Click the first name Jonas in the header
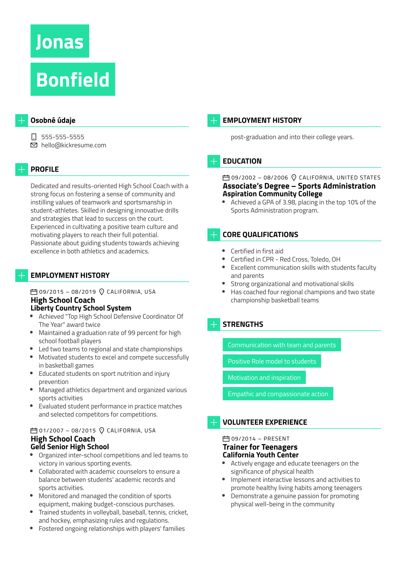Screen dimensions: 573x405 60,41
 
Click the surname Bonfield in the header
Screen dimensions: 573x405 73,79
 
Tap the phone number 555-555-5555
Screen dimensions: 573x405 63,137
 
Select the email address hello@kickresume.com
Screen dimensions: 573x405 73,145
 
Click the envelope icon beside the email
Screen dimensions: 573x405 34,145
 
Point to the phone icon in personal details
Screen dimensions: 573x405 34,137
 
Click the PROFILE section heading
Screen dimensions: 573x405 45,169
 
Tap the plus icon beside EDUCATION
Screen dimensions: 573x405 214,161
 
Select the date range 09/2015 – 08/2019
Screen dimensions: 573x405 67,292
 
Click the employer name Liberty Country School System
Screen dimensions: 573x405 81,308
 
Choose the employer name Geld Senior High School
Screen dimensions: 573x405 70,447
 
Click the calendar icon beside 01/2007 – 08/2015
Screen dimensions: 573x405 34,431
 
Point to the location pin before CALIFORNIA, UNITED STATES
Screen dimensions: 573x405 294,177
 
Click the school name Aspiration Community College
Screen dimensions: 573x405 272,194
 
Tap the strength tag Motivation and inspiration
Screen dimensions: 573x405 264,378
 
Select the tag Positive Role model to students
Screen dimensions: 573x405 272,361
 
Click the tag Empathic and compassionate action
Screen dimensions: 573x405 278,394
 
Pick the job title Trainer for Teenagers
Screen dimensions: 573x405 260,447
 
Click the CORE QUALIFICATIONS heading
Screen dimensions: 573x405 260,235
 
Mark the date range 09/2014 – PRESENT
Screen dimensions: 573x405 260,439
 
